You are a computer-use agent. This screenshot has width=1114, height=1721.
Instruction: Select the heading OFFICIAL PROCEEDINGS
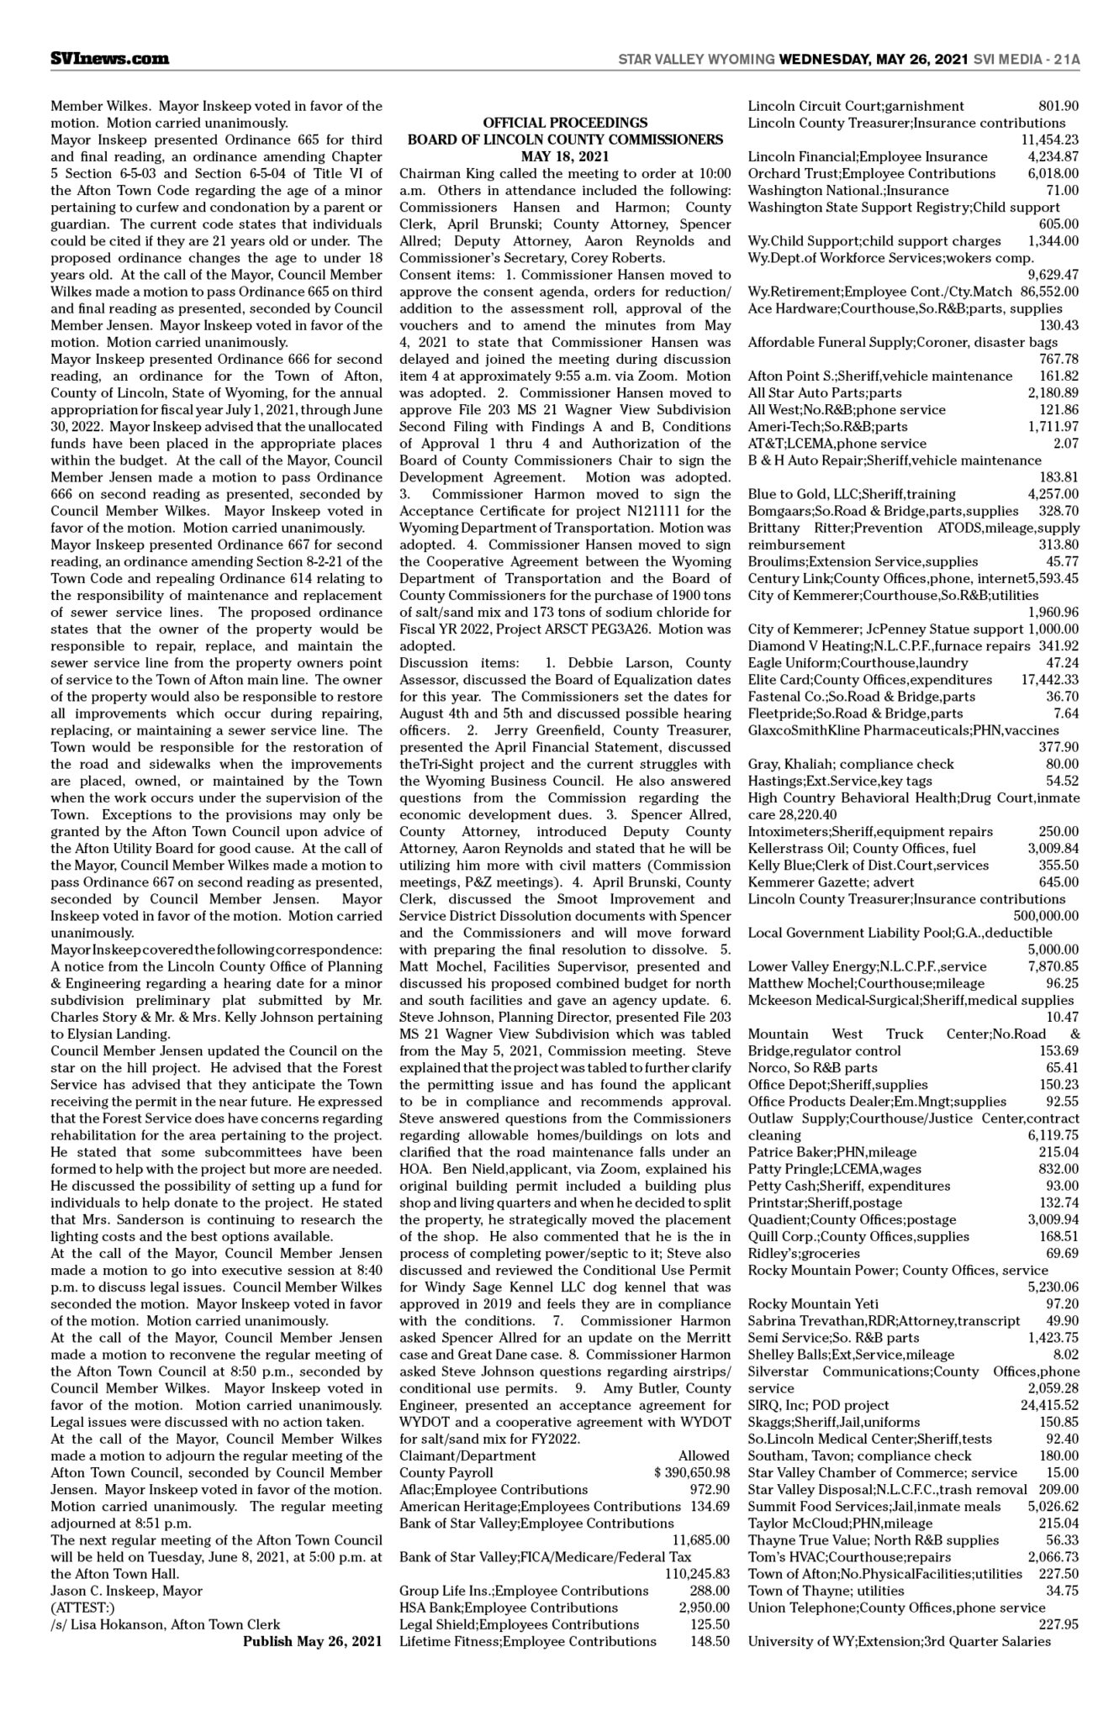(x=565, y=123)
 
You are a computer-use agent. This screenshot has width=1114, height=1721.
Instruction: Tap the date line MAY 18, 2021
(x=565, y=156)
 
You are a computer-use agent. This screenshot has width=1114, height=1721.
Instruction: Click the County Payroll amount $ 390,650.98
(x=692, y=1472)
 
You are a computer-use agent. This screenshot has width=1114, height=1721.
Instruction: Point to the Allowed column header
(x=704, y=1455)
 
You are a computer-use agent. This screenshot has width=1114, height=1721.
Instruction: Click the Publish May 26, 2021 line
(x=313, y=1640)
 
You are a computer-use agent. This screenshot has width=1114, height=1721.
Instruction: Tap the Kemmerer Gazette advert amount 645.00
(x=1058, y=882)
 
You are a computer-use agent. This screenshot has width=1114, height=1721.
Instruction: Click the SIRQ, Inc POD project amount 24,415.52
(x=1049, y=1404)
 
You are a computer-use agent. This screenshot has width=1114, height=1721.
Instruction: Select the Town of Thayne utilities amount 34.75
(x=1062, y=1590)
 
